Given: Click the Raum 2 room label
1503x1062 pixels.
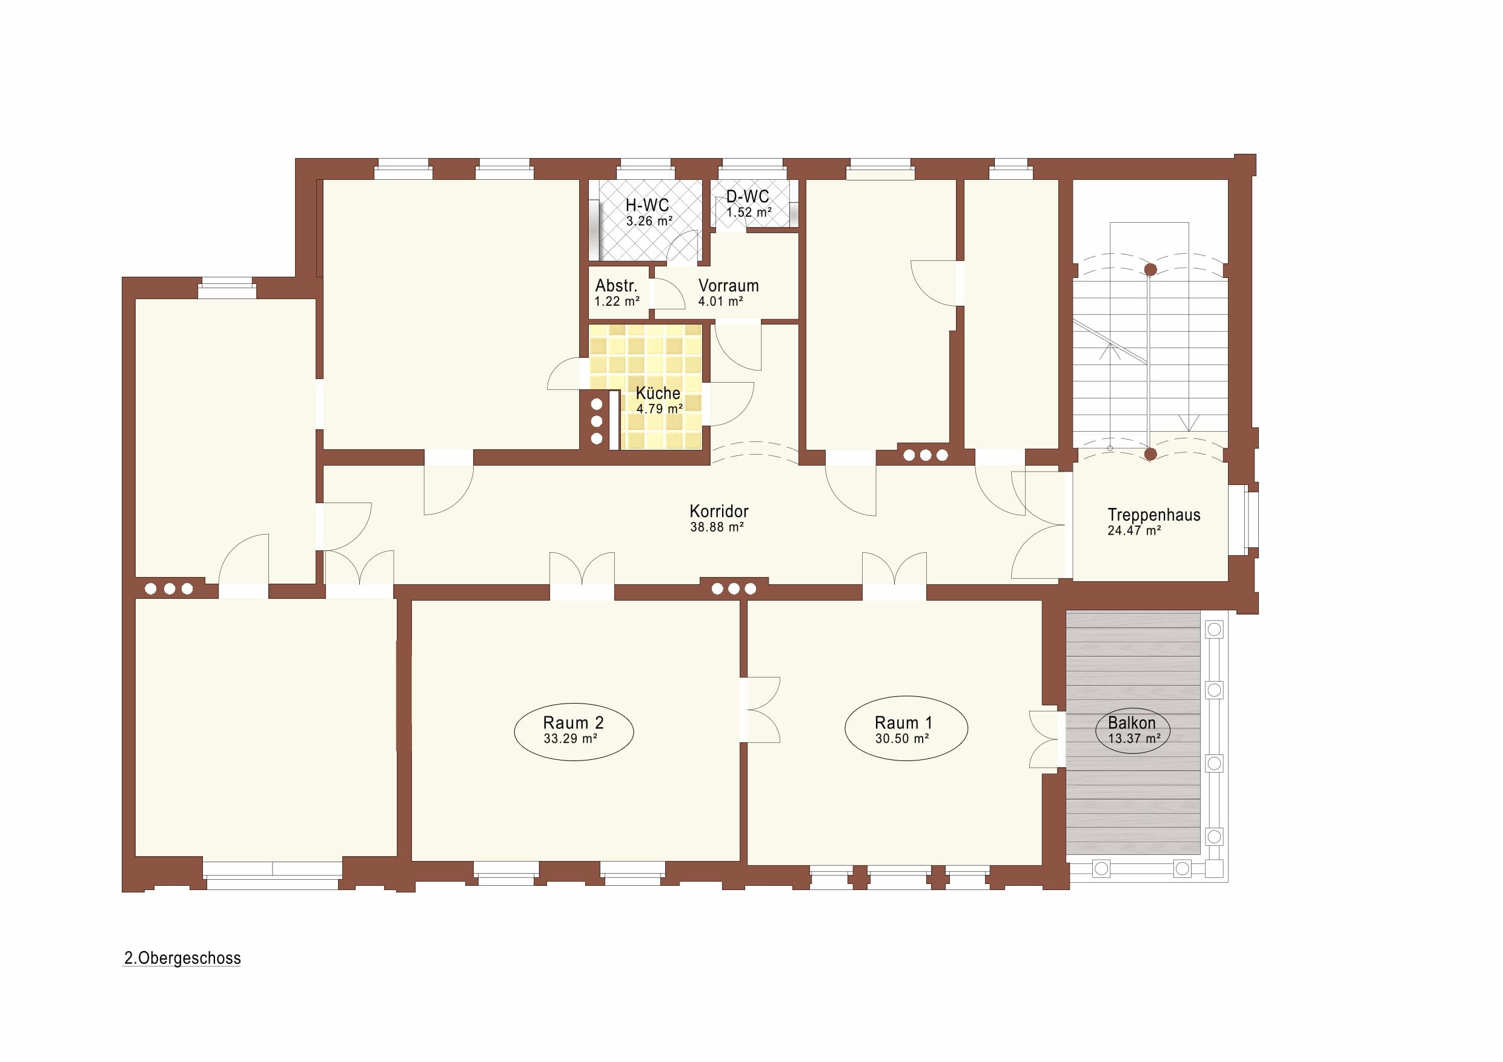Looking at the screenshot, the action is pos(573,722).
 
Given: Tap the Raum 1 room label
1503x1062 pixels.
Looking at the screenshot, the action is pos(903,722).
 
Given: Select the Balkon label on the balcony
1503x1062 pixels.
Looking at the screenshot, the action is pos(1132,722).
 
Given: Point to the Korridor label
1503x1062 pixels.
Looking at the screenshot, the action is pos(718,511).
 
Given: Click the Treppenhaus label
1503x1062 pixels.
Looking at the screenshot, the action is pos(1154,515).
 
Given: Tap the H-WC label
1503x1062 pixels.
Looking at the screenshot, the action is pos(647,205).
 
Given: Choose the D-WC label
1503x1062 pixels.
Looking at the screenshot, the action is pos(748,196).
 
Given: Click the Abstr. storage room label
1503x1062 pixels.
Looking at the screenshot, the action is pos(616,285).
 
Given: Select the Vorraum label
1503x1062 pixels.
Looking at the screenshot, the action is pos(729,285).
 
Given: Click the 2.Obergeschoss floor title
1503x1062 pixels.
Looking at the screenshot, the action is pos(182,958).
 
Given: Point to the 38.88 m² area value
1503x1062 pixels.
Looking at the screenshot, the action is pos(717,527).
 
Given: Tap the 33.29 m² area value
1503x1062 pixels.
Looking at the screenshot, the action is pos(570,739).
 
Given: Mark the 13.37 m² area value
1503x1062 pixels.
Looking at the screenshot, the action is pos(1135,739).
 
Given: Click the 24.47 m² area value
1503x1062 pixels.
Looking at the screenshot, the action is pos(1135,530).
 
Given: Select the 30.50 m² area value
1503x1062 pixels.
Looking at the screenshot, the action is pos(902,739).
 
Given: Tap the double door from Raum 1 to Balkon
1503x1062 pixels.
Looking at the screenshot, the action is pos(1045,739).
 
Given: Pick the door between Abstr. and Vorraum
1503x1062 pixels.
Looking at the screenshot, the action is pos(667,294).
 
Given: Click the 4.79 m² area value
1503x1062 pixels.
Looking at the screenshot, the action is pos(660,409).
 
